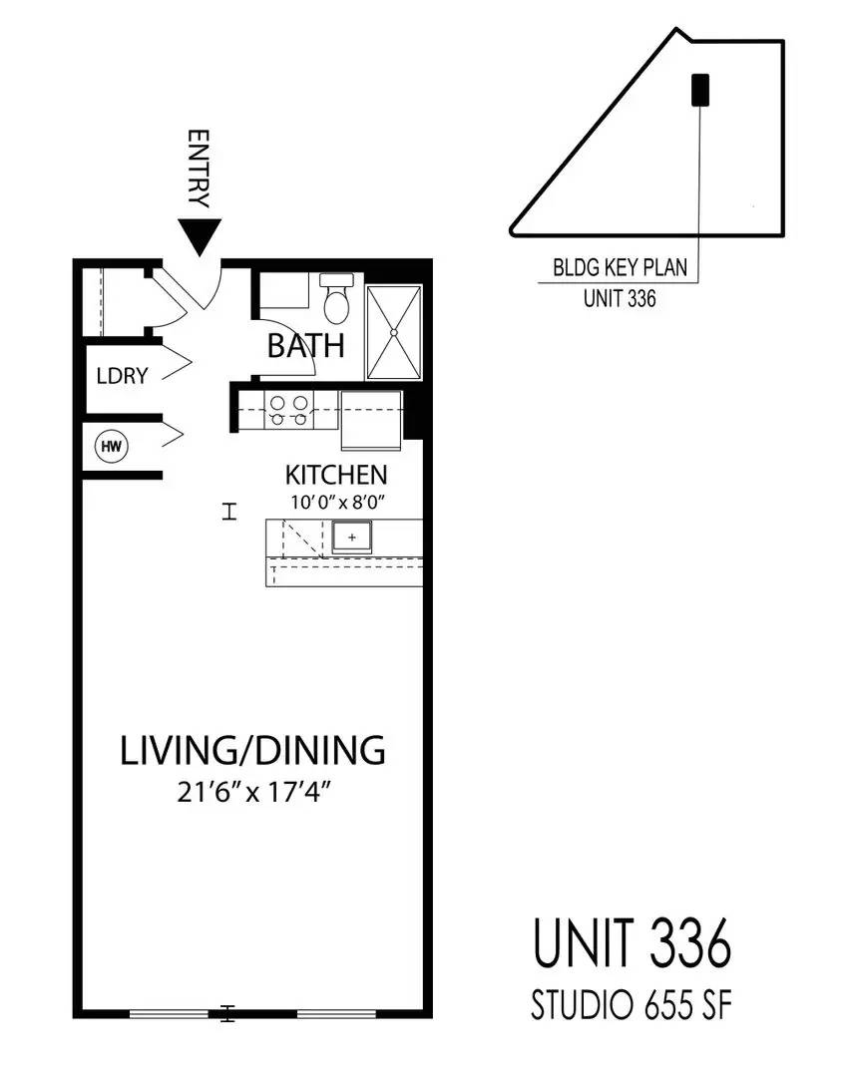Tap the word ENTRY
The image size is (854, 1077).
point(198,169)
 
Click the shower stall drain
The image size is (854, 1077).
point(394,332)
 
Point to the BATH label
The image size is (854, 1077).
point(305,345)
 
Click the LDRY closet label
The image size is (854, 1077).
point(123,376)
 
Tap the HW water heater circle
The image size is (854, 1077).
point(112,447)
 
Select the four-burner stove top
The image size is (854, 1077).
point(289,410)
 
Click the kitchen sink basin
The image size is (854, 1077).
point(352,537)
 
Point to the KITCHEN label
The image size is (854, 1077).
point(336,475)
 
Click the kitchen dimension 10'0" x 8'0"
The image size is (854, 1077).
point(336,502)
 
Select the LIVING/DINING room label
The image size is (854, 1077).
point(252,750)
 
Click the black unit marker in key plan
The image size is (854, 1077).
point(700,90)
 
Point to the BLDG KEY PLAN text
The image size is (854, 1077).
point(620,267)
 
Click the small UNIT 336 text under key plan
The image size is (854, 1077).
point(620,299)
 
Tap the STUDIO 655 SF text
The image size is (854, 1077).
point(632,1005)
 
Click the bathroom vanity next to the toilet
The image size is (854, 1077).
point(284,291)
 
